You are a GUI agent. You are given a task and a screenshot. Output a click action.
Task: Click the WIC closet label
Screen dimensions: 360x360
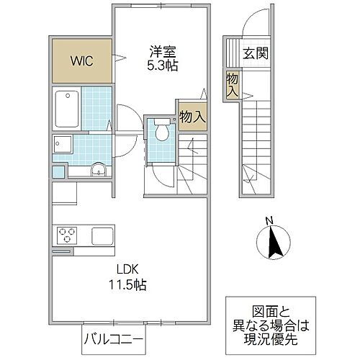coord(81,60)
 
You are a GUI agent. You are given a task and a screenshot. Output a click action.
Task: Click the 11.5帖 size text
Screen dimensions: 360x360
coord(129,285)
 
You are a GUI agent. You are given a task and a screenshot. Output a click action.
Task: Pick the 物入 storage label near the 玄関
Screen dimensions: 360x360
coord(232,84)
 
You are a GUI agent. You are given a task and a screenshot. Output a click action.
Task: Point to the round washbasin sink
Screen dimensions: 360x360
coord(99,171)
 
